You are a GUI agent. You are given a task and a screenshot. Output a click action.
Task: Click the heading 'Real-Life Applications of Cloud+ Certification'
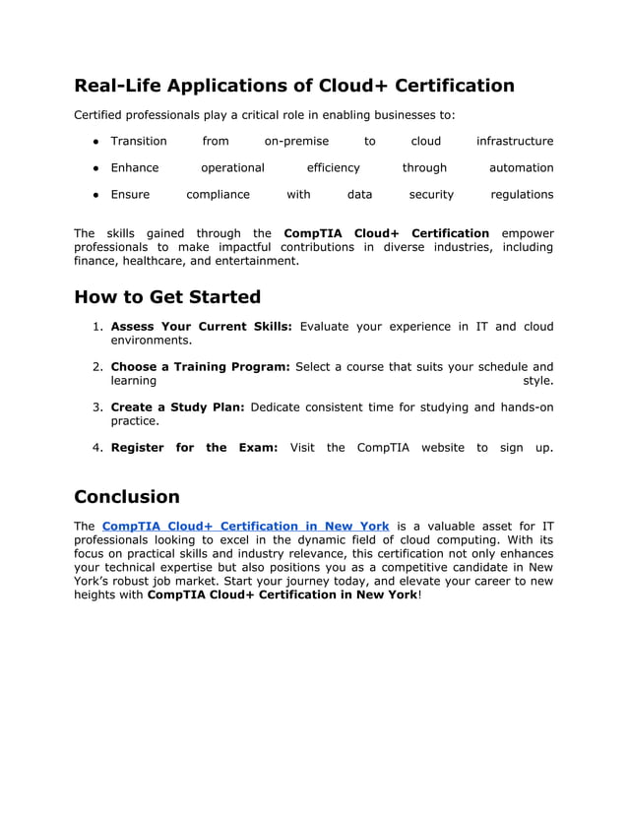(294, 86)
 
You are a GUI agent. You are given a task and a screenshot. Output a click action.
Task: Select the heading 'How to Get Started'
(167, 297)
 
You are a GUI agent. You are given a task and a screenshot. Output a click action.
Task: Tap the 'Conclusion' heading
(127, 497)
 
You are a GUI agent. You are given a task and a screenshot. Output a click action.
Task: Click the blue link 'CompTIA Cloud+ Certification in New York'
(245, 526)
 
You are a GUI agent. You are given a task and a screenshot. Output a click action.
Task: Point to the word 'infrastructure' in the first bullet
(515, 142)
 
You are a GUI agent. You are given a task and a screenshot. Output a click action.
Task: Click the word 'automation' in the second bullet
(521, 168)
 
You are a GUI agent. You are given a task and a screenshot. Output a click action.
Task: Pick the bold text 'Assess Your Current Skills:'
(201, 327)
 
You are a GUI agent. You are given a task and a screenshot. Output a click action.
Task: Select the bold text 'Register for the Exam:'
(194, 448)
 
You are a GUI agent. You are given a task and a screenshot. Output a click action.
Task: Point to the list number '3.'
(98, 407)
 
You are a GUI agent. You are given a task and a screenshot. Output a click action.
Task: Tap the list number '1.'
(98, 327)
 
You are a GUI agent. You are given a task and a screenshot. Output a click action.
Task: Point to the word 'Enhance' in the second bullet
(134, 168)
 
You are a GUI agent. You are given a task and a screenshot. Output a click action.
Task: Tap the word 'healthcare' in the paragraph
(150, 262)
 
